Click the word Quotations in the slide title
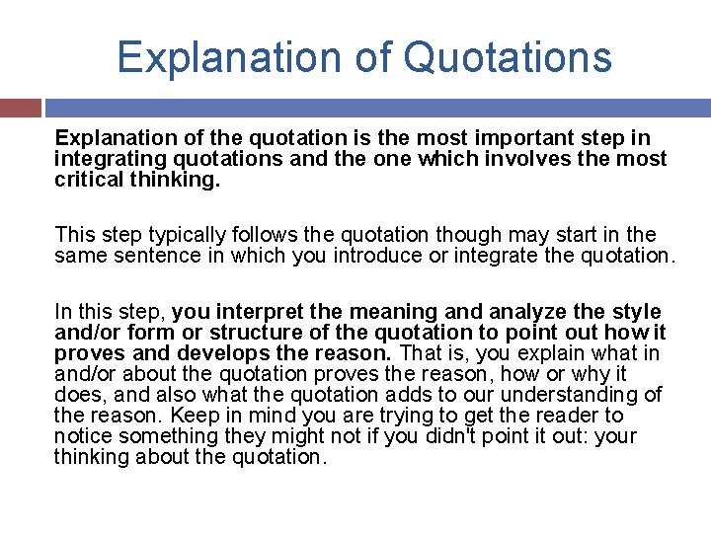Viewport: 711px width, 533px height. point(508,56)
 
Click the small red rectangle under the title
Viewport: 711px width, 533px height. point(20,107)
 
